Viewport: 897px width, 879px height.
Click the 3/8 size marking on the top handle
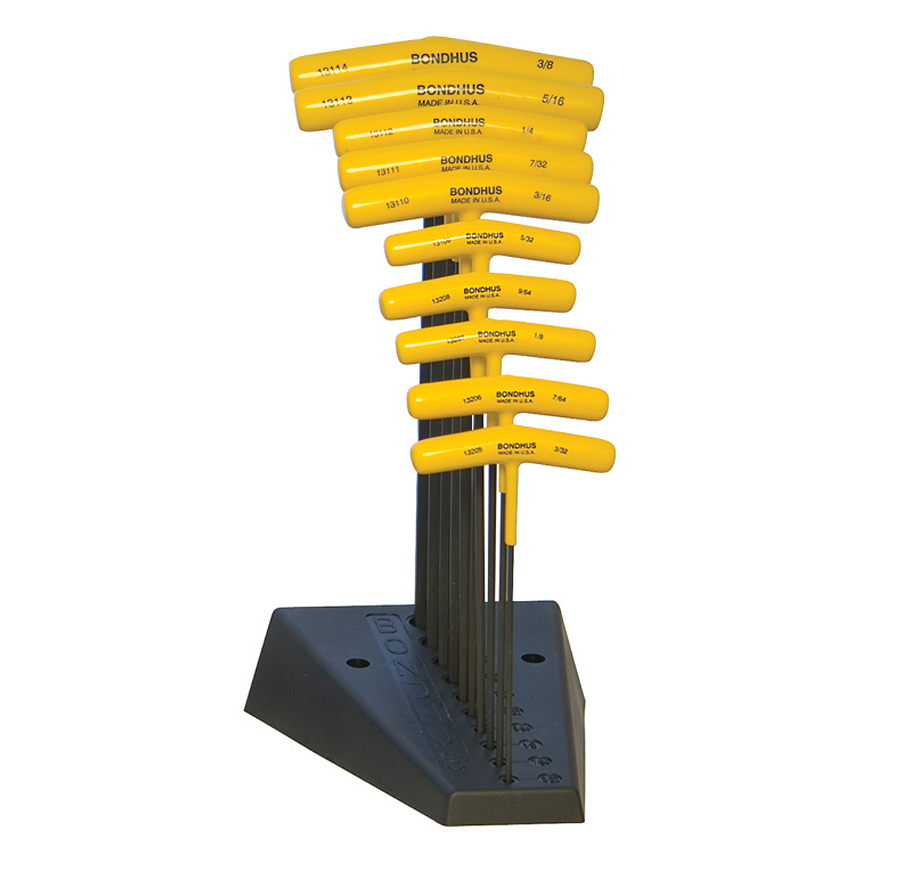(545, 65)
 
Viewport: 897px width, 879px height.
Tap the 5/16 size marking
(554, 99)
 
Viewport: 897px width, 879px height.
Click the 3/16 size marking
(542, 197)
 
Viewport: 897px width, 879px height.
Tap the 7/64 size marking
(559, 398)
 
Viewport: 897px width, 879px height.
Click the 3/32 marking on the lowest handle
(561, 450)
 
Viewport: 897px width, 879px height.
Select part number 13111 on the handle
(387, 172)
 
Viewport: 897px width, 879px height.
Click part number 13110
(396, 204)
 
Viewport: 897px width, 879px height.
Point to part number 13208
(441, 299)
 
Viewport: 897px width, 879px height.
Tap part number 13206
(472, 398)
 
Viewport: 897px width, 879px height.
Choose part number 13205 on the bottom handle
(473, 451)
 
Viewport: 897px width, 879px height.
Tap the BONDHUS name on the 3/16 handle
(475, 191)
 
